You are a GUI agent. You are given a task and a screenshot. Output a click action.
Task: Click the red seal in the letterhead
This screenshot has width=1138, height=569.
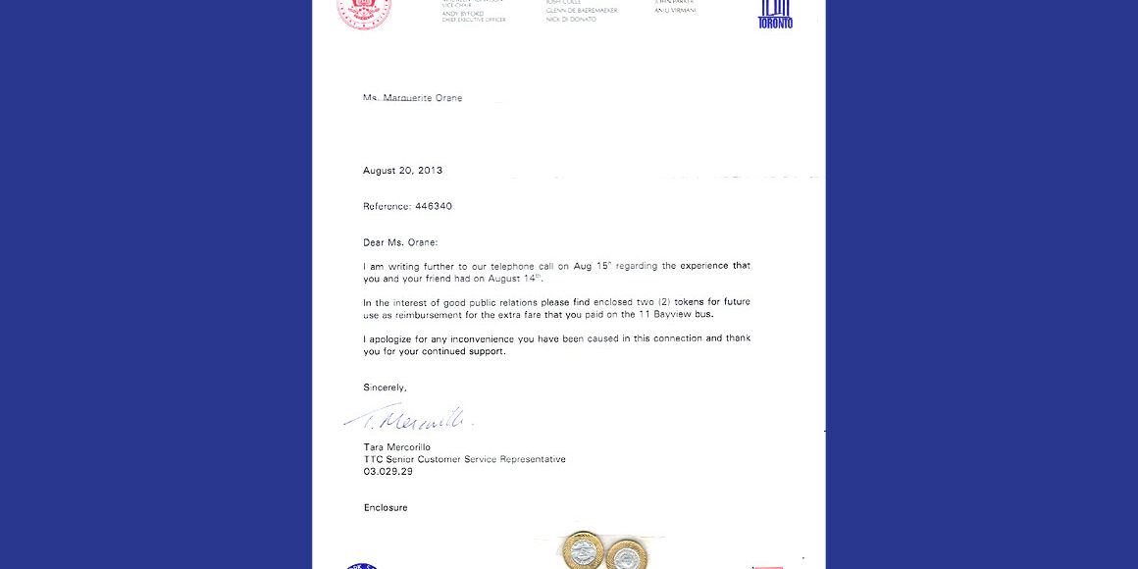(364, 12)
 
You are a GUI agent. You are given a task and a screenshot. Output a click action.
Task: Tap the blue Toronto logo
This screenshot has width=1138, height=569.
(775, 15)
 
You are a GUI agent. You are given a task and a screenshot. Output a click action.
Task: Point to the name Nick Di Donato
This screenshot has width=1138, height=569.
(571, 20)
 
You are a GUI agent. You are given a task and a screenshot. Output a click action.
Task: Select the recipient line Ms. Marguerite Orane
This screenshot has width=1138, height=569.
(412, 98)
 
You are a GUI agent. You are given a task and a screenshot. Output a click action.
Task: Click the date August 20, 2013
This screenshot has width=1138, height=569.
(402, 171)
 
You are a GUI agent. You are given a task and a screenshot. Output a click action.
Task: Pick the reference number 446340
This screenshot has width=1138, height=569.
(434, 206)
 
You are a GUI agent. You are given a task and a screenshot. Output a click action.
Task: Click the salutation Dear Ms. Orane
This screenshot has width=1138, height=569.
(400, 242)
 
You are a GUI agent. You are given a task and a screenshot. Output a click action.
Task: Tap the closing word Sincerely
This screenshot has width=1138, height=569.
(385, 388)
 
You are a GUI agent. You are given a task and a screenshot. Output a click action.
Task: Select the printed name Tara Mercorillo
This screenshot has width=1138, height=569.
(396, 447)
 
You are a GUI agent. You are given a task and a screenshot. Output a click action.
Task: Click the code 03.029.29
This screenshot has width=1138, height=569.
(388, 471)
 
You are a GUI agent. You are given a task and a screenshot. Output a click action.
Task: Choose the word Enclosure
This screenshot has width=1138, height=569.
(385, 507)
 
